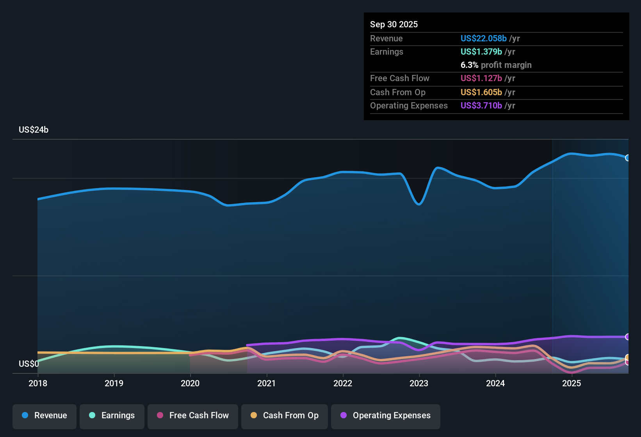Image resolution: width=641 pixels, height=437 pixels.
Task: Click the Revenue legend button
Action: coord(44,416)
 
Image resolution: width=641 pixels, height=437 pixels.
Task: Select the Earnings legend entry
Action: coord(112,416)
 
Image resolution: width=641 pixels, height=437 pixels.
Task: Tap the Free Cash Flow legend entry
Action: coord(192,416)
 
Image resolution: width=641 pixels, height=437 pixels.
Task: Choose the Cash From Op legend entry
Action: coord(284,416)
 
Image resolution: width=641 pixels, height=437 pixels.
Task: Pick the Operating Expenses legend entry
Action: coord(385,416)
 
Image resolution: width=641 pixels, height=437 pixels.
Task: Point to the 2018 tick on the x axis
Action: coord(38,383)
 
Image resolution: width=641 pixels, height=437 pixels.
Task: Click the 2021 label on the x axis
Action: coord(267,383)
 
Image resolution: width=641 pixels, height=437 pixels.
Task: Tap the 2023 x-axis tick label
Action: coord(419,383)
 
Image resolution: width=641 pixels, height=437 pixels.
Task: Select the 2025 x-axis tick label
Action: coord(572,383)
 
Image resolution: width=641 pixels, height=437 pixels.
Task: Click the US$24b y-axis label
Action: coord(34,130)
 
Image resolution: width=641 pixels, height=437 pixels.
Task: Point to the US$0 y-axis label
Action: coord(29,364)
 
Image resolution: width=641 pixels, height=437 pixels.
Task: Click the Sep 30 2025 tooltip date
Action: coord(394,24)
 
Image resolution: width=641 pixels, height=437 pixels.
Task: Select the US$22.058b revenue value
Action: coord(483,38)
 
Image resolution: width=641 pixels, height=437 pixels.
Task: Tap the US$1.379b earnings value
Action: coord(481,52)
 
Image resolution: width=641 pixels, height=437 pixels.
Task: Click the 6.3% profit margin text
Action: coord(496,65)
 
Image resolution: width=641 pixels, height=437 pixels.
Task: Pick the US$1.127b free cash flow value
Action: coord(481,78)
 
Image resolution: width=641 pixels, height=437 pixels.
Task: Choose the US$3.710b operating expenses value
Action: coord(481,105)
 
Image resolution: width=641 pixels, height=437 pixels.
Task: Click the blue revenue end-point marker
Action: coord(628,158)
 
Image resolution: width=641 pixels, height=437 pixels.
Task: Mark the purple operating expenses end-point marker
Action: coord(628,337)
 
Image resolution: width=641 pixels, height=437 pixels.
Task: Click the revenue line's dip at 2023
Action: coord(419,204)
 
